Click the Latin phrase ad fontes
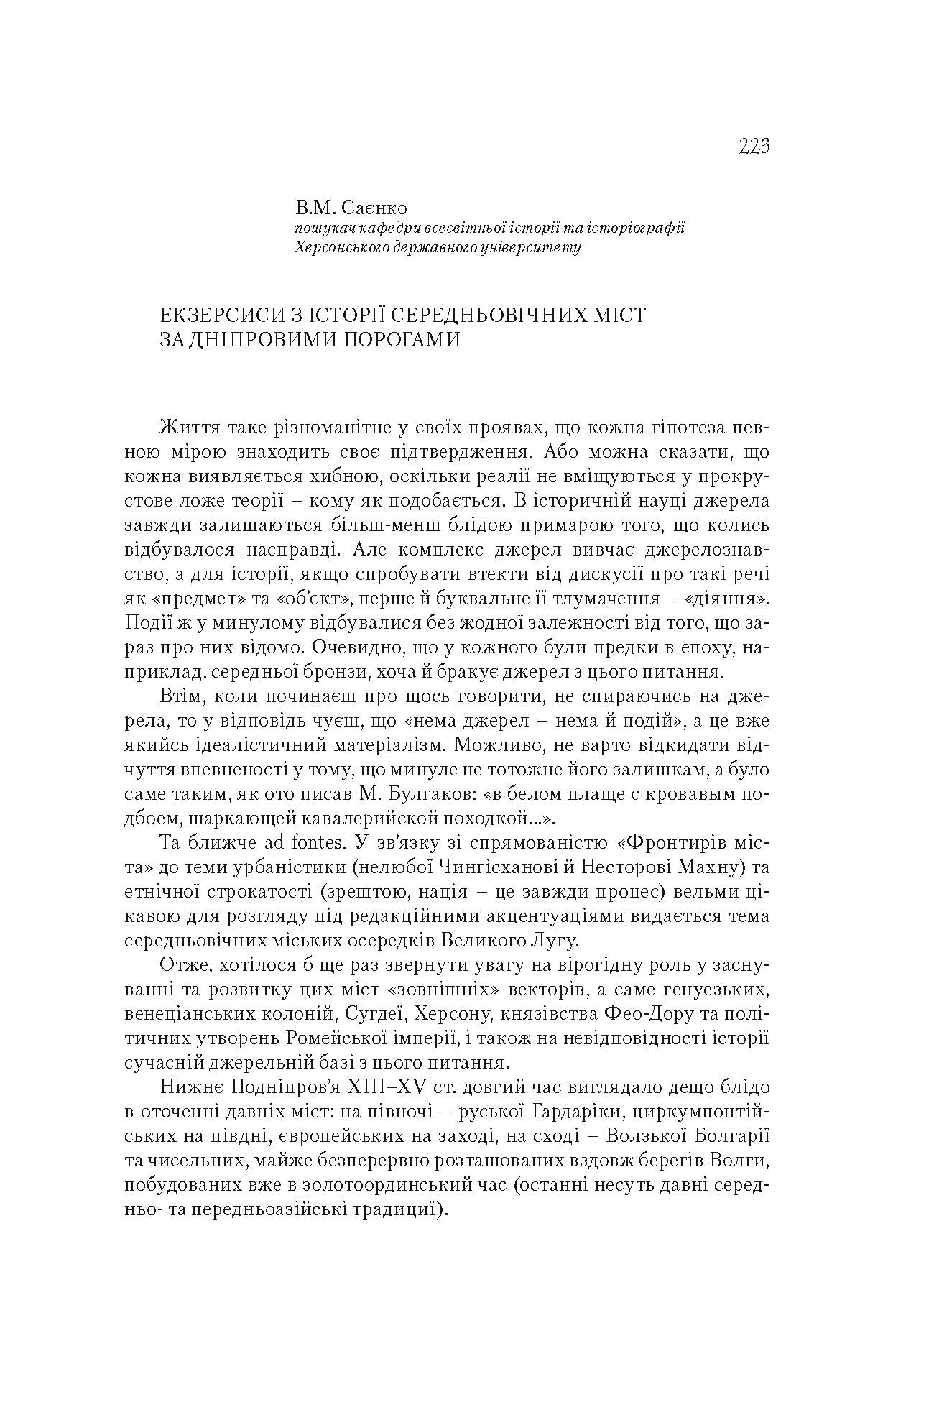[267, 842]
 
